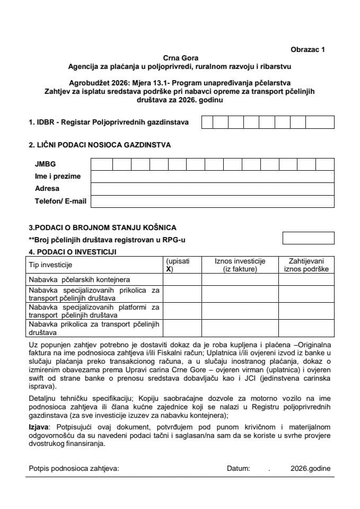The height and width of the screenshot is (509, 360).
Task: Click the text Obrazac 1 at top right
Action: [307, 49]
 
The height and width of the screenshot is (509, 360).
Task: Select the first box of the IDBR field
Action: [207, 122]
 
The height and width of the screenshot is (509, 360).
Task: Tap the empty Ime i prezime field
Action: [212, 177]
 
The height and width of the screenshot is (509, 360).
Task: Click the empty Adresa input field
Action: [212, 189]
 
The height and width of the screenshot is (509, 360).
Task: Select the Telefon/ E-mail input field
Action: [212, 201]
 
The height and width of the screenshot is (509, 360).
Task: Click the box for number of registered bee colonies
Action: [308, 239]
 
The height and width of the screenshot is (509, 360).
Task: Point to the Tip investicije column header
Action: [50, 265]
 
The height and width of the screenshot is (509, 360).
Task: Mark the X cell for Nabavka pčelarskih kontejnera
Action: [182, 279]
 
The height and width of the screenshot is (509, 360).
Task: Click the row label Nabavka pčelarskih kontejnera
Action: [80, 279]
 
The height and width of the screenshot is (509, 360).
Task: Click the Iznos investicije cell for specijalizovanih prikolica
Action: [240, 294]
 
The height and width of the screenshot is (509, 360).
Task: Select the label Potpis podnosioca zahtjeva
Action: [74, 469]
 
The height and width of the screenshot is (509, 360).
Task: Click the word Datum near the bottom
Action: [238, 469]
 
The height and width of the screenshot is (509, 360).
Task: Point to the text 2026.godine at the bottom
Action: [310, 469]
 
